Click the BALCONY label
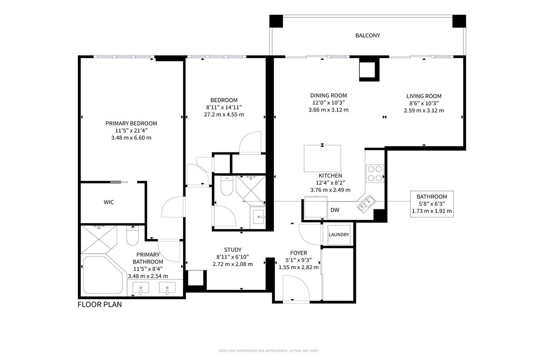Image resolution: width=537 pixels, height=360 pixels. point(367,35)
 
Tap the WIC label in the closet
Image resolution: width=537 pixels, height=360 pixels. point(109,202)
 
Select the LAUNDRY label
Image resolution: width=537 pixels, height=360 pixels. point(339,234)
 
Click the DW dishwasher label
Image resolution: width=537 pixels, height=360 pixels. point(335,210)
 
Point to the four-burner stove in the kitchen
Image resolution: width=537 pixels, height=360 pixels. point(375,174)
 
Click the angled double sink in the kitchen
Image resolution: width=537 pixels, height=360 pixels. point(366,204)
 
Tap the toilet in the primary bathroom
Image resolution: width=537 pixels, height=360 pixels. point(132,236)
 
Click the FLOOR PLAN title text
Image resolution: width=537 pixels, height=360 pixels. point(100,305)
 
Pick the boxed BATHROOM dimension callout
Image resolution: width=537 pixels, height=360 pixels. point(432,204)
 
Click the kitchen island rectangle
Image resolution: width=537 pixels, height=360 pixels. point(323,158)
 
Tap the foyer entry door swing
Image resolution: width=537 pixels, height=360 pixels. point(296,288)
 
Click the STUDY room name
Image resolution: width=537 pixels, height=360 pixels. point(233,250)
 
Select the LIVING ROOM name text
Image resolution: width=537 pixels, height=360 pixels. point(424,96)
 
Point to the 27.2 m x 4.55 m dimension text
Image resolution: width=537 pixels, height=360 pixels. point(224,114)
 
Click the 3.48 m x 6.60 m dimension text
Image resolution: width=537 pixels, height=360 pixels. point(131,138)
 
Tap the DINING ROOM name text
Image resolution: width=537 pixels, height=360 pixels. point(328,95)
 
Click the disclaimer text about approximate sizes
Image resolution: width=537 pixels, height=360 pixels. point(268,351)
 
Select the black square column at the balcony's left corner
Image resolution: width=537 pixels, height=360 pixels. point(276,21)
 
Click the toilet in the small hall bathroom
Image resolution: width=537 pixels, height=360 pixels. point(226,186)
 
